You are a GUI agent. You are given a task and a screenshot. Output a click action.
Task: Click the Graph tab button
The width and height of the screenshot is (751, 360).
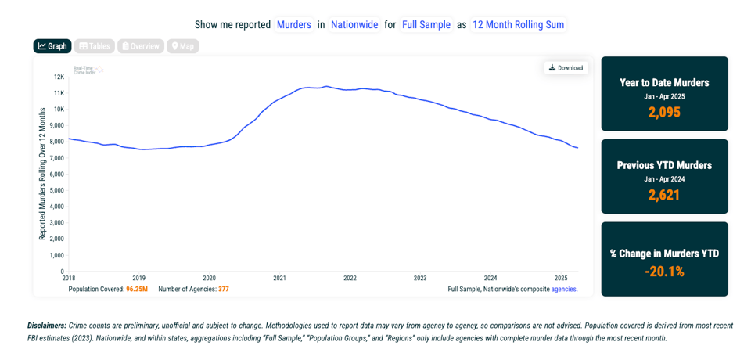click(x=52, y=46)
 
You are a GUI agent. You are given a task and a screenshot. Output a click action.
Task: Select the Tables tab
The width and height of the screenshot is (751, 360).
click(x=94, y=46)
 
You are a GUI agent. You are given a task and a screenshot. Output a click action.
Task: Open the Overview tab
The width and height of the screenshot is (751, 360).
click(x=141, y=46)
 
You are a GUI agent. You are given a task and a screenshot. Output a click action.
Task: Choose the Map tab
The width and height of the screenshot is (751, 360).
click(x=182, y=46)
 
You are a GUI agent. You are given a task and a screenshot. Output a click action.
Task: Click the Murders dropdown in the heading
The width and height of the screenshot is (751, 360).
click(x=294, y=24)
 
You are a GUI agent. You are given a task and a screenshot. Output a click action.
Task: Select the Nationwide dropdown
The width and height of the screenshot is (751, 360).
click(x=354, y=24)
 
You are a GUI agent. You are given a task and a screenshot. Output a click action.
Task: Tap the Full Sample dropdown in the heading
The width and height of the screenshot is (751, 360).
click(x=426, y=24)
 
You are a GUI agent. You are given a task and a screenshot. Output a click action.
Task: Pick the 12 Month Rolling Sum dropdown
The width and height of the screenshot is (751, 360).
click(x=518, y=24)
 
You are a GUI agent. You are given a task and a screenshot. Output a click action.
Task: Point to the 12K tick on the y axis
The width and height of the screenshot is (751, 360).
click(x=59, y=77)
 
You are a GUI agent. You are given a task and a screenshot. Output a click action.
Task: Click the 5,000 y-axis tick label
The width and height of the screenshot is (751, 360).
click(x=56, y=190)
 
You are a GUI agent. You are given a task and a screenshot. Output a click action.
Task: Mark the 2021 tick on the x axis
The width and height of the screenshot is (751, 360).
click(x=279, y=278)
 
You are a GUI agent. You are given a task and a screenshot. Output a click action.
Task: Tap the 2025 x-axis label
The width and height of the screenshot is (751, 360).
click(x=560, y=278)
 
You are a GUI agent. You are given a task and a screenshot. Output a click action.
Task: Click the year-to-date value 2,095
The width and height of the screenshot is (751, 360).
click(x=664, y=112)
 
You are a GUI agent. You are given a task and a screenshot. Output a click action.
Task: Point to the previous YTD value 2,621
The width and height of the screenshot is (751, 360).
click(x=664, y=195)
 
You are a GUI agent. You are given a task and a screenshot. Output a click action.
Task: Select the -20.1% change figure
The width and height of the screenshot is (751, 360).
click(x=664, y=272)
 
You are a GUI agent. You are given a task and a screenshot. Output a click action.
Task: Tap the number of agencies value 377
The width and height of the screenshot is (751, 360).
click(x=223, y=289)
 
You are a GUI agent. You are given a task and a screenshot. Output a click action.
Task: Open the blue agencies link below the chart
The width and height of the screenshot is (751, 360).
click(x=564, y=289)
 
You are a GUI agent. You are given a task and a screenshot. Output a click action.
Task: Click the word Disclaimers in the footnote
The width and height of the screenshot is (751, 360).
click(x=46, y=325)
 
